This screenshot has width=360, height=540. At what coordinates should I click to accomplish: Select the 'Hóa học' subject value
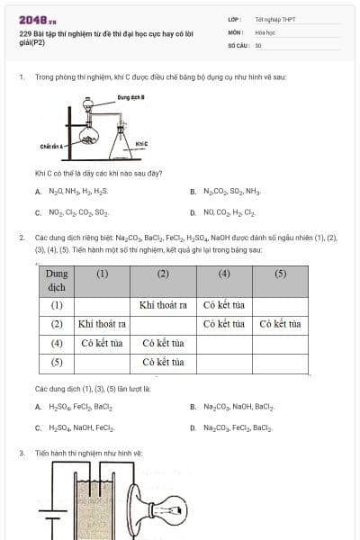pos(264,31)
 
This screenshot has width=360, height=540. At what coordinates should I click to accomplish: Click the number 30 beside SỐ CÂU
pos(258,45)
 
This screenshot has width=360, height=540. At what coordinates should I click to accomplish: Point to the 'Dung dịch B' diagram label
pos(130,96)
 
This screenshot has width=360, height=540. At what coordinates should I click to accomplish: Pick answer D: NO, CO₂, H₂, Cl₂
pos(228,213)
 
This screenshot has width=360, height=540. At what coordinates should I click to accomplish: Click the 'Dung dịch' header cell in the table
pos(56,280)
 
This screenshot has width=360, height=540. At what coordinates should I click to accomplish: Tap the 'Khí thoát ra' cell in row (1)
pos(163,304)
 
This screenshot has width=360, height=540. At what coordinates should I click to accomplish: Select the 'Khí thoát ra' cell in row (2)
pos(101,323)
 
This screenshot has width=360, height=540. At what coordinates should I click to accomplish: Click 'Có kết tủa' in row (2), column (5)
pos(280,323)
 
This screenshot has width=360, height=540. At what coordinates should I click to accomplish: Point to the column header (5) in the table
pos(280,273)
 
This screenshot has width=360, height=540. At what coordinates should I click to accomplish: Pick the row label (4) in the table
pos(56,343)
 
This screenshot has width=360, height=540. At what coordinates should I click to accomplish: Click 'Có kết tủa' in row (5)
pos(163,362)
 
